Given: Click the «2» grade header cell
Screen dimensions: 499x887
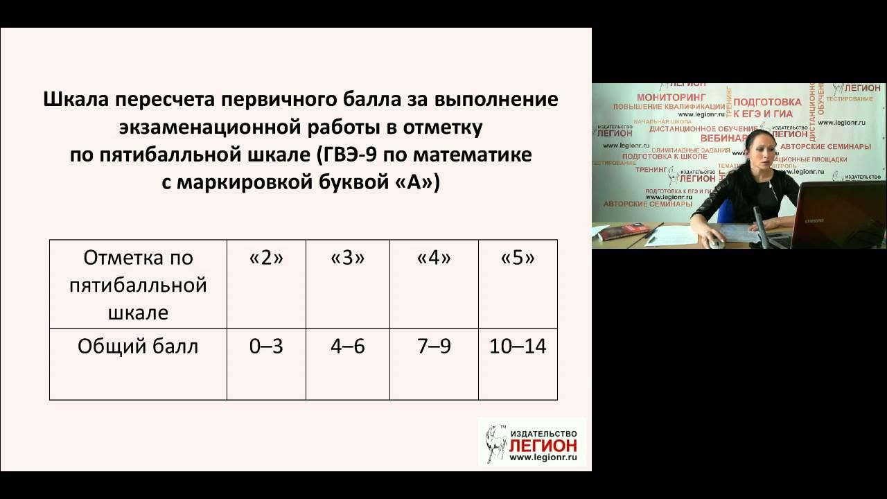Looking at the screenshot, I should coord(266,259).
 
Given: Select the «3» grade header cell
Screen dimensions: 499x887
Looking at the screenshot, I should coord(347,259).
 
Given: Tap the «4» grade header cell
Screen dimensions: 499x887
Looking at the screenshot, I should coord(434,259).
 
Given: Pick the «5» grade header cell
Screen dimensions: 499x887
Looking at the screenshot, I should coord(518,259).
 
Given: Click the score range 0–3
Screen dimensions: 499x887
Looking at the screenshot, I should coord(266,347).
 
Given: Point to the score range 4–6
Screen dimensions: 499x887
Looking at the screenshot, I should coord(347,347).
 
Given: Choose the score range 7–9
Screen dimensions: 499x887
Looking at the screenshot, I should coord(434,347).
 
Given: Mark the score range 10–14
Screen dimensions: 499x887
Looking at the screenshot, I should coord(518,347).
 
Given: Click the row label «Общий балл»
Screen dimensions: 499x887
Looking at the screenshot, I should coord(138,347).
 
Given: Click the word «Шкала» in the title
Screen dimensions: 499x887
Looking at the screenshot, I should coord(76,99).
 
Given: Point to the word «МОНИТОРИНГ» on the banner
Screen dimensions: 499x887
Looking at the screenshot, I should coord(670,97).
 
